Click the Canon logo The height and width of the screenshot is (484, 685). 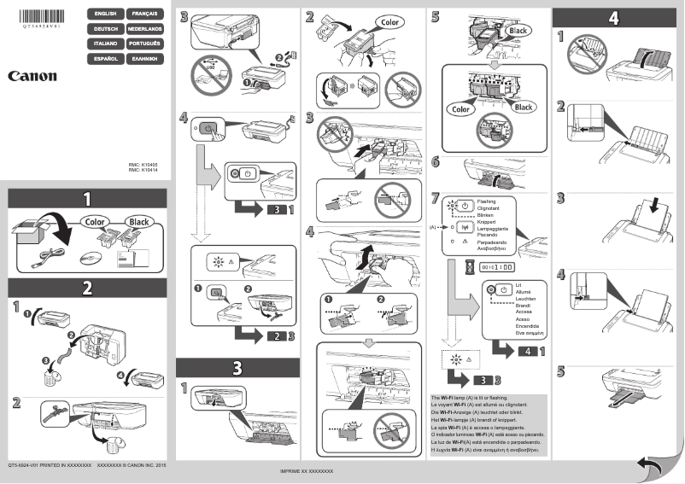[x=32, y=76]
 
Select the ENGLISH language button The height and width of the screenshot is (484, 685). [x=105, y=15]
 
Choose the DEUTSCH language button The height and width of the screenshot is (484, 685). [x=105, y=29]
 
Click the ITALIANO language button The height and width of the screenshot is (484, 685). [x=105, y=44]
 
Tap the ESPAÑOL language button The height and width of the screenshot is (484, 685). [x=105, y=58]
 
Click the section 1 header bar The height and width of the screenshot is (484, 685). [x=86, y=199]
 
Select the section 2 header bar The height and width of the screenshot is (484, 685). [x=86, y=288]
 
